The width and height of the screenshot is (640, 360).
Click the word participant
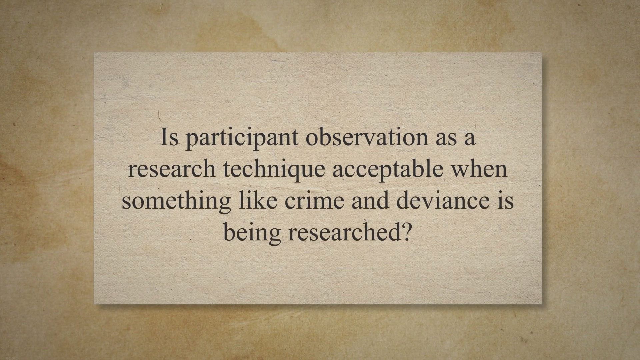coord(242,138)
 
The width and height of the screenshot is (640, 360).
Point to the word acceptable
coord(388,169)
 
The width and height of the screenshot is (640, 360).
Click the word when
coord(479,169)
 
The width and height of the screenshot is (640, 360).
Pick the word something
coord(176,201)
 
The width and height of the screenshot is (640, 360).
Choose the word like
coord(258,201)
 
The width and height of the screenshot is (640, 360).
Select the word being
coord(252,233)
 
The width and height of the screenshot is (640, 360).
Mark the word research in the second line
coord(172,169)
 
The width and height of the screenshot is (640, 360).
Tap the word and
coord(370,201)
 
